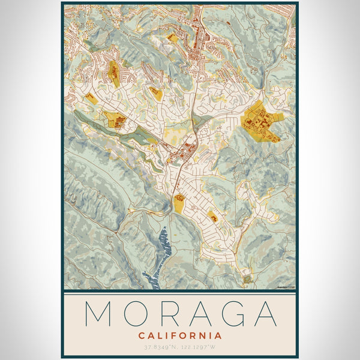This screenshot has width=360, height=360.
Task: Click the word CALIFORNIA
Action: (180, 335)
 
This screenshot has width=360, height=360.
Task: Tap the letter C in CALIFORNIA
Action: (141, 335)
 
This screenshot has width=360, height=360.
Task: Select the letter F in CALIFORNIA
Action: (172, 335)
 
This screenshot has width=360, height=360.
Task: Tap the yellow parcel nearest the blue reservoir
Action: (179, 203)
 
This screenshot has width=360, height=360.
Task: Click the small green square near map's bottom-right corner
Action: (247, 279)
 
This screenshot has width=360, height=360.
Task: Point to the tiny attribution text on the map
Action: (286, 287)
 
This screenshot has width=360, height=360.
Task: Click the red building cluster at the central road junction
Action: (183, 150)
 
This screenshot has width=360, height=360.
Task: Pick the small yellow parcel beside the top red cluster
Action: (173, 38)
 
